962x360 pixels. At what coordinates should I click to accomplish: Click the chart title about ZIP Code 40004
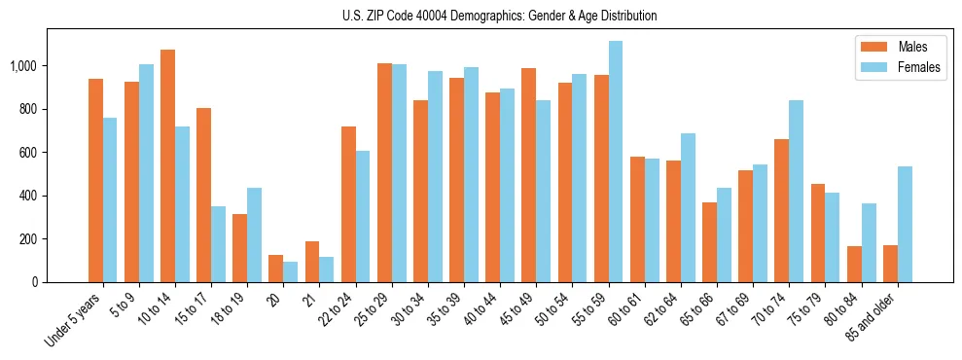[x=500, y=16]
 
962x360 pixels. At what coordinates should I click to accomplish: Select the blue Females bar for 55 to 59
[x=616, y=162]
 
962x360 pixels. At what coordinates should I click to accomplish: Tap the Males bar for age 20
[x=276, y=269]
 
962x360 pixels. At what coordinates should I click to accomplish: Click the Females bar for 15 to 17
[x=219, y=244]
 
